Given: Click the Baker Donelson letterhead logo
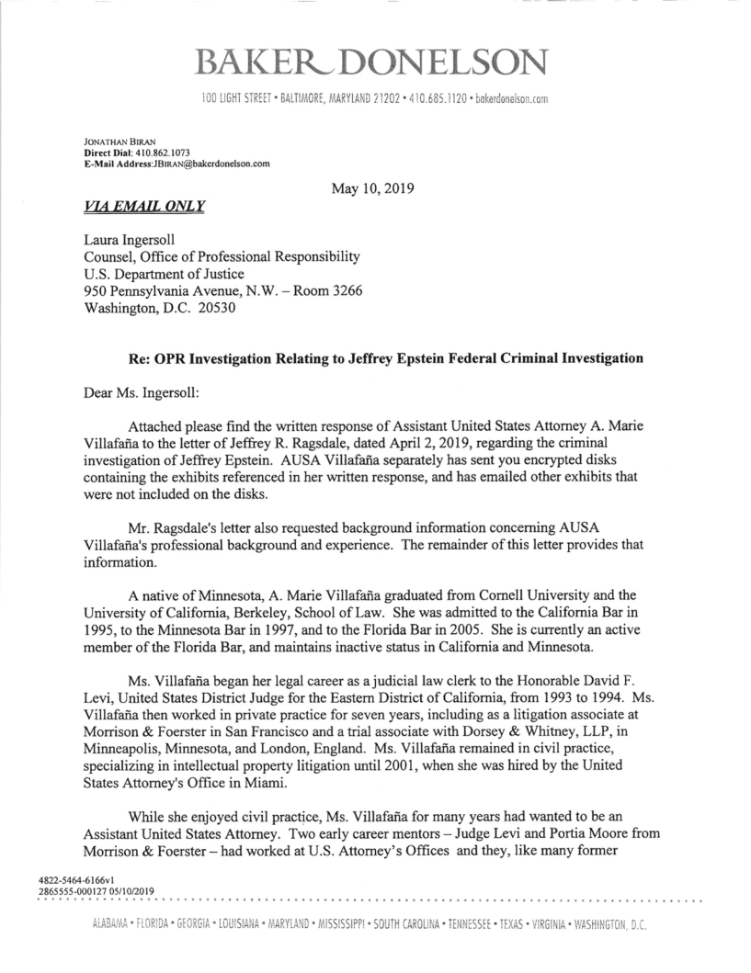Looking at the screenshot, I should click(x=374, y=62).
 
